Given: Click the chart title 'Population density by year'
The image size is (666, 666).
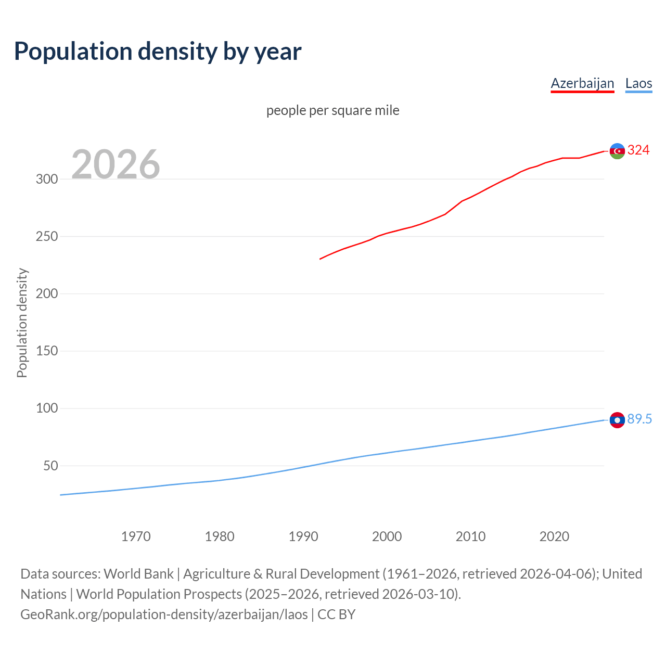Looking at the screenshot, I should pos(158,52).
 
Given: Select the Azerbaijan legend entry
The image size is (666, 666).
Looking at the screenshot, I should pos(582,83).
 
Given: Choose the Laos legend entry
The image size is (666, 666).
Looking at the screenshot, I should pos(638,83).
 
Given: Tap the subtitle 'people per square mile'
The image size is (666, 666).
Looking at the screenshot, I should pos(332,110).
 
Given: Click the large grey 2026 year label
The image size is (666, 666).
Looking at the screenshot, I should pos(116,164).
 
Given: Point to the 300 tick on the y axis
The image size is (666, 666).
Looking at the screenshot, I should pos(47,179).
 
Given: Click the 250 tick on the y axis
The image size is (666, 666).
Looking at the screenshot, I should pos(47,236).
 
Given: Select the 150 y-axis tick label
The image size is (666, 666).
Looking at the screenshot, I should pos(47,351).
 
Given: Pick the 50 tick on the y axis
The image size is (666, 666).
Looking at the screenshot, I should pos(50,466).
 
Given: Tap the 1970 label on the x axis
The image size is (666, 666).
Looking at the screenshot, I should pos(136,536).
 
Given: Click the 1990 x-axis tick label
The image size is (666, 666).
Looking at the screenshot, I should pos(303,536).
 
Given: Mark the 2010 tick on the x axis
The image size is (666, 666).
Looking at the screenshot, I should pos(470,536).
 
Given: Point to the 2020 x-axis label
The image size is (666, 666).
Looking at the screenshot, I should pos(554,536).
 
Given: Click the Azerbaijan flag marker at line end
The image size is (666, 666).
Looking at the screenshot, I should pos(617,151).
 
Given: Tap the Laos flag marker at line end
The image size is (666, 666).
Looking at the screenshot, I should pos(617,420).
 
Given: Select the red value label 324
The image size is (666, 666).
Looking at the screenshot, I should pos(638,150).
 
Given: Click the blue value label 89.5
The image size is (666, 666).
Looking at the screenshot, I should pos(639,419).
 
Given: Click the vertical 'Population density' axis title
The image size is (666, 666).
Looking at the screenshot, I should pos(22,323).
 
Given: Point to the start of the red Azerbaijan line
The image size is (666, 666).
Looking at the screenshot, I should pos(321,259).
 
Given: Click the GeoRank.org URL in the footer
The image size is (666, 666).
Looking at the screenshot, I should pos(164,614).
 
